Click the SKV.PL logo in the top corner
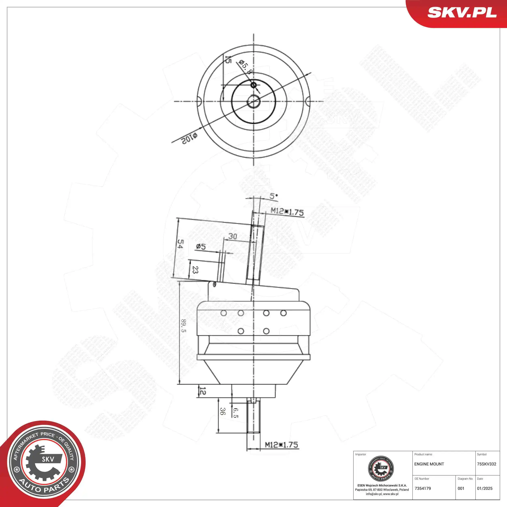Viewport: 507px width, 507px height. point(462,13)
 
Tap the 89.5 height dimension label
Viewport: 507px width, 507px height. point(184,326)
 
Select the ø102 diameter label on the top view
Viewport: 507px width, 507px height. point(189,138)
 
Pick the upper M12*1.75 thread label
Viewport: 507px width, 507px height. point(287,212)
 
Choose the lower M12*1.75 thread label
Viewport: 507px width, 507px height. point(281,445)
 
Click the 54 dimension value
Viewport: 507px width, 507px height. point(180,244)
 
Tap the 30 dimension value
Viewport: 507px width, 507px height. point(232,236)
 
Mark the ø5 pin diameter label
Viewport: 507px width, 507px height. point(201,246)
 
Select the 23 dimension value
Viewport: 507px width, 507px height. point(195,270)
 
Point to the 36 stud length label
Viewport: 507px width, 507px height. point(222,411)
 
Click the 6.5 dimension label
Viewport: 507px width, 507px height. point(235,413)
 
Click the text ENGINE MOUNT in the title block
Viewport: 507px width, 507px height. point(429,464)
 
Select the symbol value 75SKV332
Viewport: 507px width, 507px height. point(486,464)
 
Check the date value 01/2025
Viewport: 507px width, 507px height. point(484,488)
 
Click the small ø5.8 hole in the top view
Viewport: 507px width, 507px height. point(253,85)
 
